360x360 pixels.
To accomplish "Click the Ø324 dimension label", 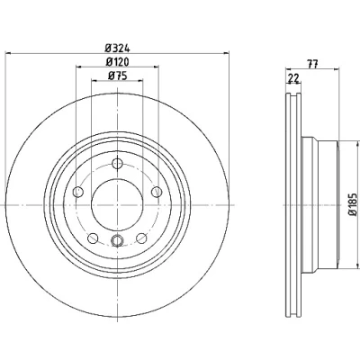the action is pos(117,48).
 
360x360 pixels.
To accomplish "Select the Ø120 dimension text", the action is pos(117,62).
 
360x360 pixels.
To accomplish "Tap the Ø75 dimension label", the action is pos(118,76).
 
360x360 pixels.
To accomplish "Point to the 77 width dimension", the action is pos(312,64).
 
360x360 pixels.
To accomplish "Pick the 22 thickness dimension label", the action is pos(293,78).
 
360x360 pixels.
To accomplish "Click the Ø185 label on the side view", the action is pos(354,204).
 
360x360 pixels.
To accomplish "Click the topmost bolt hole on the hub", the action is pos(117,164).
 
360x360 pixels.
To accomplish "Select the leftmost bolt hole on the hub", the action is pos(78,192).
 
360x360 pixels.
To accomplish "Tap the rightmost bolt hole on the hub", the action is pos(157,192).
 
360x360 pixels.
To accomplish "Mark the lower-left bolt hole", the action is pos(93,238).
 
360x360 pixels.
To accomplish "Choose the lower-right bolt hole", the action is pos(141,238).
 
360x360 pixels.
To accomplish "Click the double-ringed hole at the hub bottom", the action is pos(117,240).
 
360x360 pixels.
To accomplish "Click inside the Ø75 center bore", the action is pos(117,204).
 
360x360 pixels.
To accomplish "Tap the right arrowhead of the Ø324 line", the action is pos(227,54).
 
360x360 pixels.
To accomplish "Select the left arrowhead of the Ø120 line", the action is pos(78,67).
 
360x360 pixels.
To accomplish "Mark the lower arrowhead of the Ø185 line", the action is pos(357,265).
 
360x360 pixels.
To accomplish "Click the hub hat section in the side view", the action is pos(319,205).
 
